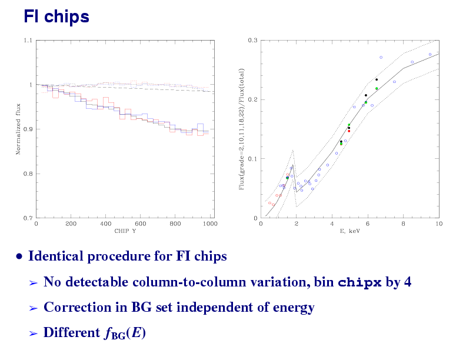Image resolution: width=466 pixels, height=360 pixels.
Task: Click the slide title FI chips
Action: (x=56, y=17)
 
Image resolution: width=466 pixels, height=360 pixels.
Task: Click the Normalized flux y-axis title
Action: (x=18, y=129)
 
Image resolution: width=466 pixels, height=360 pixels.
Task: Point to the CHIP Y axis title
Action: (x=125, y=231)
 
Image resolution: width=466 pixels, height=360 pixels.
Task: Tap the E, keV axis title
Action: (x=349, y=231)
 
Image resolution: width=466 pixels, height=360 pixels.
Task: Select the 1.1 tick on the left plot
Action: (x=28, y=41)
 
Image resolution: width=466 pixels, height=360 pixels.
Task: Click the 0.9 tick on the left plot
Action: (x=28, y=129)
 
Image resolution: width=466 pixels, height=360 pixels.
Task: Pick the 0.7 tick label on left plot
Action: (x=28, y=218)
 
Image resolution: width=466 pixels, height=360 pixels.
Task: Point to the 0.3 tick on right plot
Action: (x=252, y=41)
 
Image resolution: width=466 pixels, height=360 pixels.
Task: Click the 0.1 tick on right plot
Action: (x=252, y=159)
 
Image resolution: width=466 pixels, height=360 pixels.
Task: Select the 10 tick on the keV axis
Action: (x=438, y=224)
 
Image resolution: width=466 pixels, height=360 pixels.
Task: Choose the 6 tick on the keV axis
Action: (x=367, y=224)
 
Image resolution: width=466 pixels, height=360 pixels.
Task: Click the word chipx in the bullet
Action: (x=360, y=282)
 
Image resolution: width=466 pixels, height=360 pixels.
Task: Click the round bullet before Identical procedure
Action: (x=20, y=256)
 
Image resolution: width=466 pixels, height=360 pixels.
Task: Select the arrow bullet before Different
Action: (x=34, y=334)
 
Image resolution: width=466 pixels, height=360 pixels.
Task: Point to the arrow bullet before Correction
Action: (x=34, y=308)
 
